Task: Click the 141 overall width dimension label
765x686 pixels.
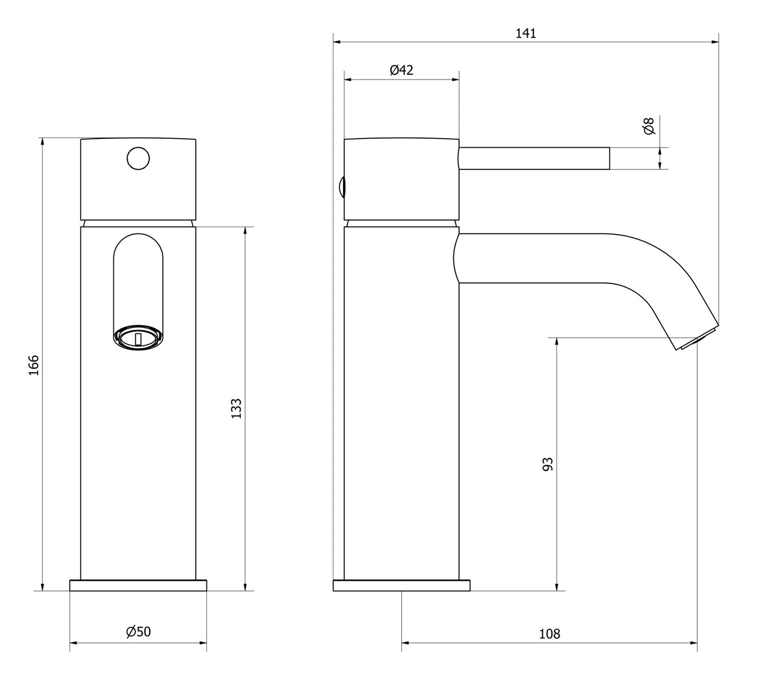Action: tap(526, 33)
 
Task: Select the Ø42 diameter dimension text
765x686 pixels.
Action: tap(401, 70)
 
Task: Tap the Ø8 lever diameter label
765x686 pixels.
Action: tap(649, 126)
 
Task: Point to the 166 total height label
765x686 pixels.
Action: tap(34, 365)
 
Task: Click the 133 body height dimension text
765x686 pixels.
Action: tap(236, 408)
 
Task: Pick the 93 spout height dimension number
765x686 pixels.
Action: tap(548, 464)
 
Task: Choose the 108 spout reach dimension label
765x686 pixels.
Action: tap(550, 634)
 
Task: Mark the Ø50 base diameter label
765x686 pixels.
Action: tap(138, 631)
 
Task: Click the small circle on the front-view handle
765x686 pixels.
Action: tap(138, 158)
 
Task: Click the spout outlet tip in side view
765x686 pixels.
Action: tap(697, 339)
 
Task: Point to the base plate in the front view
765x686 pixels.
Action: tap(138, 585)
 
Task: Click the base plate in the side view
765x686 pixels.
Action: tap(401, 585)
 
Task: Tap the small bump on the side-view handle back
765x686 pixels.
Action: tap(342, 187)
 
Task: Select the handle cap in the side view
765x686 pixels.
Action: tap(401, 179)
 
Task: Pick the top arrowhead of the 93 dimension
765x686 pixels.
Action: tap(556, 342)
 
